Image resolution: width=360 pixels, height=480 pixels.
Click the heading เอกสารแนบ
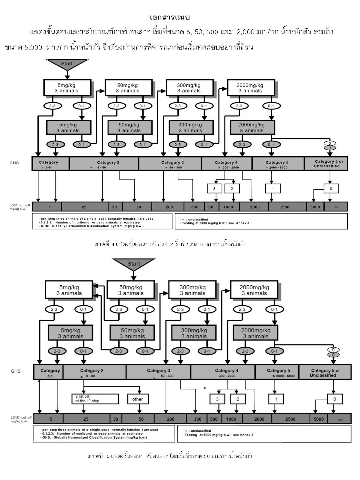pyautogui.click(x=170, y=17)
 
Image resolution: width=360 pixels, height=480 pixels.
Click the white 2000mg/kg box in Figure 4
pyautogui.click(x=251, y=88)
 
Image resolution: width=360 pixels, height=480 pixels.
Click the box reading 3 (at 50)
pyautogui.click(x=95, y=399)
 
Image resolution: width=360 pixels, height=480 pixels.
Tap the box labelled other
pyautogui.click(x=138, y=399)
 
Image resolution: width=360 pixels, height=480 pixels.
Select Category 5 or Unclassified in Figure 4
pyautogui.click(x=326, y=163)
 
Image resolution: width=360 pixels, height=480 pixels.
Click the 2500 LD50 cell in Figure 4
pyautogui.click(x=286, y=207)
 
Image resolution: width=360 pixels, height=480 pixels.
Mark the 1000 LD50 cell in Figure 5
pyautogui.click(x=231, y=419)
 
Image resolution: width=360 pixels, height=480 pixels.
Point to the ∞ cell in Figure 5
pyautogui.click(x=340, y=419)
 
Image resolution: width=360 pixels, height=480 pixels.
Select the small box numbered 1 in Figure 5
pyautogui.click(x=276, y=399)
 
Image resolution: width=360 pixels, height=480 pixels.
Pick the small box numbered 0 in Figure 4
pyautogui.click(x=331, y=188)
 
